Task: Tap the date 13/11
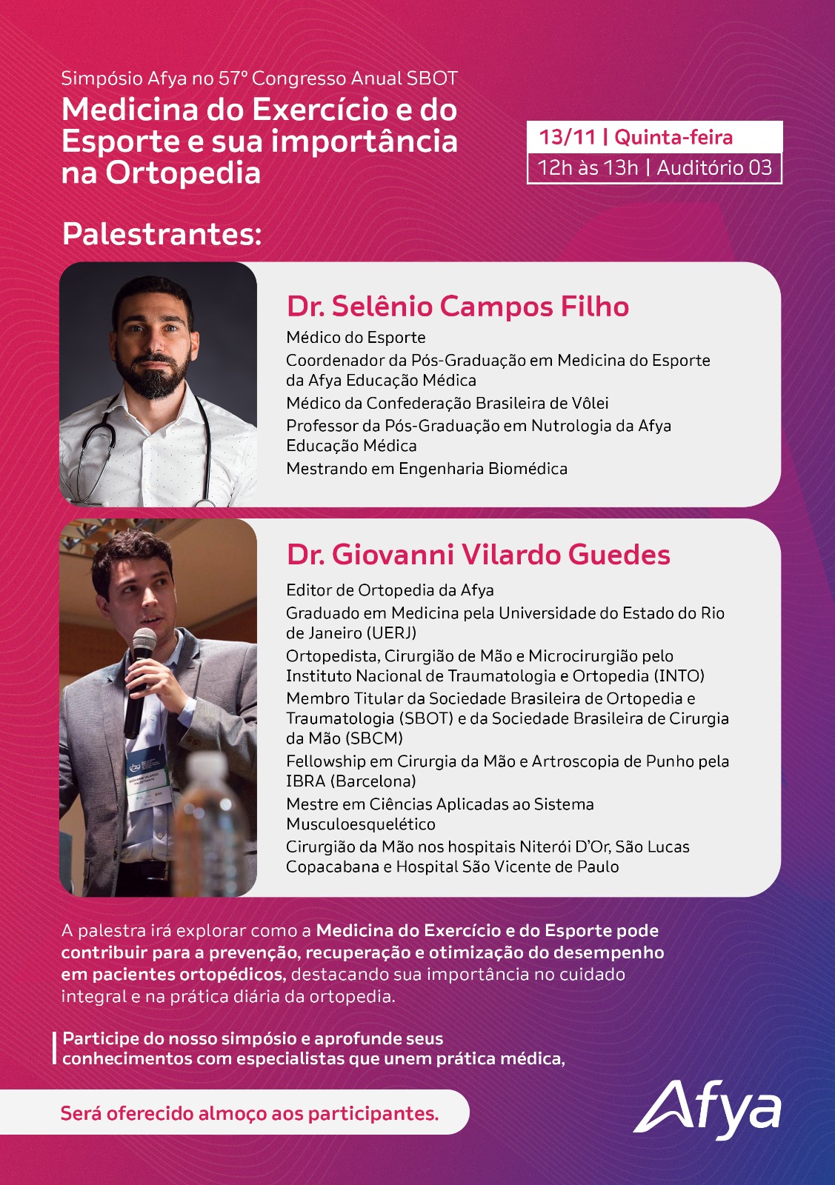tap(567, 137)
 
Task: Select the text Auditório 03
tap(714, 168)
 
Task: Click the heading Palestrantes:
tap(162, 233)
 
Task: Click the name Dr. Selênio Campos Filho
tap(458, 306)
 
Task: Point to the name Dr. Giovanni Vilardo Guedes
tap(478, 555)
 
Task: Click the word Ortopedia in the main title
tap(183, 173)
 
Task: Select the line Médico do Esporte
tap(356, 338)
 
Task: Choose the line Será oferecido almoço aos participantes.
tap(250, 1113)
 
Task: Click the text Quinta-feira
tap(673, 137)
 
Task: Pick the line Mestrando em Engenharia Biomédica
tap(427, 469)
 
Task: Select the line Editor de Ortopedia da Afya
tap(390, 590)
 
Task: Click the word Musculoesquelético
tap(361, 824)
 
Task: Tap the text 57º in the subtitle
tap(234, 79)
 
